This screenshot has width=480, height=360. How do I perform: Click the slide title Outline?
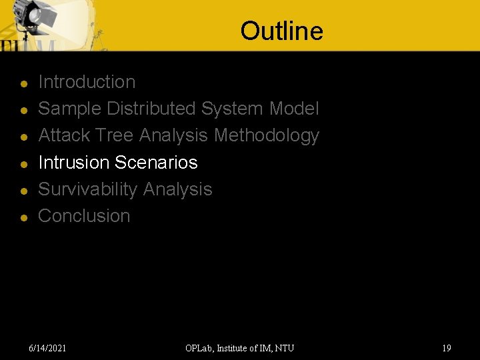click(x=281, y=31)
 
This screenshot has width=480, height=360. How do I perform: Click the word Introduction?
click(x=87, y=82)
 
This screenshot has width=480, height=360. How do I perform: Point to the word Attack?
click(x=65, y=135)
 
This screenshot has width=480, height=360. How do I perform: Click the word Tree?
click(x=114, y=135)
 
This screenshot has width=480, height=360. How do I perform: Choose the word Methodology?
click(x=267, y=135)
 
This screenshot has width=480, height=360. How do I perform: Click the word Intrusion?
click(x=74, y=162)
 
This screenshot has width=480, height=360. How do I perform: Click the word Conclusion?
click(x=84, y=216)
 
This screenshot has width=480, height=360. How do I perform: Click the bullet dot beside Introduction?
click(x=23, y=84)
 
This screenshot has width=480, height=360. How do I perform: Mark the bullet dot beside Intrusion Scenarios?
click(x=23, y=164)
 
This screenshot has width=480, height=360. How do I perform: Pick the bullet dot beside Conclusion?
click(x=23, y=218)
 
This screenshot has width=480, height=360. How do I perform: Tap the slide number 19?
click(x=446, y=348)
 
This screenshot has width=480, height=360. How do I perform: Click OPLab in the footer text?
click(x=201, y=348)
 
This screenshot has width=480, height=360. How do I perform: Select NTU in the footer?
click(x=284, y=348)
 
